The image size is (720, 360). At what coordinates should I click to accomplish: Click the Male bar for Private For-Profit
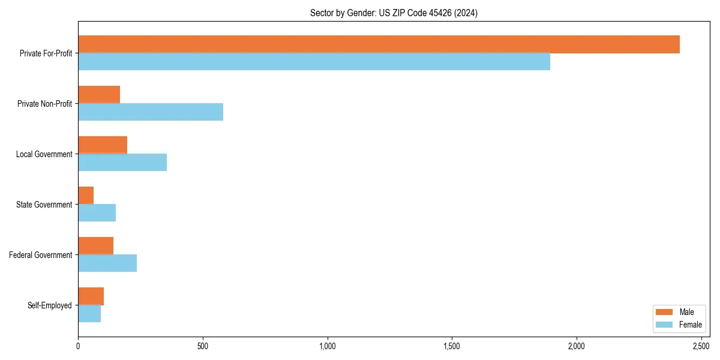[379, 44]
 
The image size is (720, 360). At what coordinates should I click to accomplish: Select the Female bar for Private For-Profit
[314, 62]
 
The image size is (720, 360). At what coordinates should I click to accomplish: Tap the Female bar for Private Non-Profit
[151, 112]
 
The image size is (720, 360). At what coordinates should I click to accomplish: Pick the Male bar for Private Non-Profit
[99, 95]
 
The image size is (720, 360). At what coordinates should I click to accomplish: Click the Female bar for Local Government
[122, 163]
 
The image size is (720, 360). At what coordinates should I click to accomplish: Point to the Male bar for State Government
[86, 196]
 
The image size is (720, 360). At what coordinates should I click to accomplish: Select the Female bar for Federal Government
[107, 263]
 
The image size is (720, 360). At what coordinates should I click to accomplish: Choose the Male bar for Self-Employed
[91, 296]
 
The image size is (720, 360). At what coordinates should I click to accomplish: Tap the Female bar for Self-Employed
[89, 314]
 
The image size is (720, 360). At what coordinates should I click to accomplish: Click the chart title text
[394, 13]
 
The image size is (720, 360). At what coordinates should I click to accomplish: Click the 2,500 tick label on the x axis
[701, 347]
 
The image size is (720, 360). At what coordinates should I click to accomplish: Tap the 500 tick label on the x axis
[203, 347]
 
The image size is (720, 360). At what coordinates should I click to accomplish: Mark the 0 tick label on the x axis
[78, 347]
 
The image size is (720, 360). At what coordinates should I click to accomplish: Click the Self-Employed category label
[50, 305]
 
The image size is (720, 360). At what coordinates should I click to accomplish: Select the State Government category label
[44, 205]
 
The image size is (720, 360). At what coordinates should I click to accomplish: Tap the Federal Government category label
[41, 255]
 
